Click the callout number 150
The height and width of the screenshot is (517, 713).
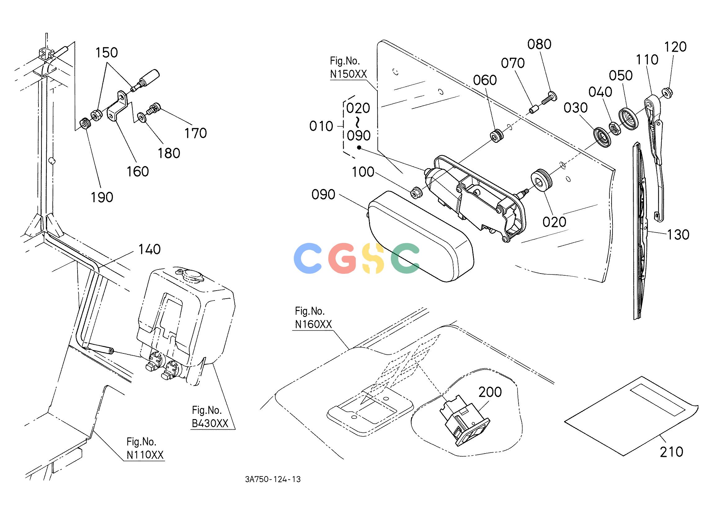[107, 53]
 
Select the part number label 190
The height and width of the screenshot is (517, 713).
[102, 197]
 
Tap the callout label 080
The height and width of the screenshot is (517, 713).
[539, 44]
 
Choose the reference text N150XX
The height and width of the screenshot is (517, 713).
[348, 74]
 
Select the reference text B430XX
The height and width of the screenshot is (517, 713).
[210, 423]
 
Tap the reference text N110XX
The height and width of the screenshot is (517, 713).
[145, 455]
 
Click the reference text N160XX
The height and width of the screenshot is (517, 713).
[314, 324]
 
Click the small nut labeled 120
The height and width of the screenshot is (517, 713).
[667, 93]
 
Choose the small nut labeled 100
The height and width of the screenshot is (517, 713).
[417, 192]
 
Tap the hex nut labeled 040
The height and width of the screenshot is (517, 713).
[615, 129]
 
